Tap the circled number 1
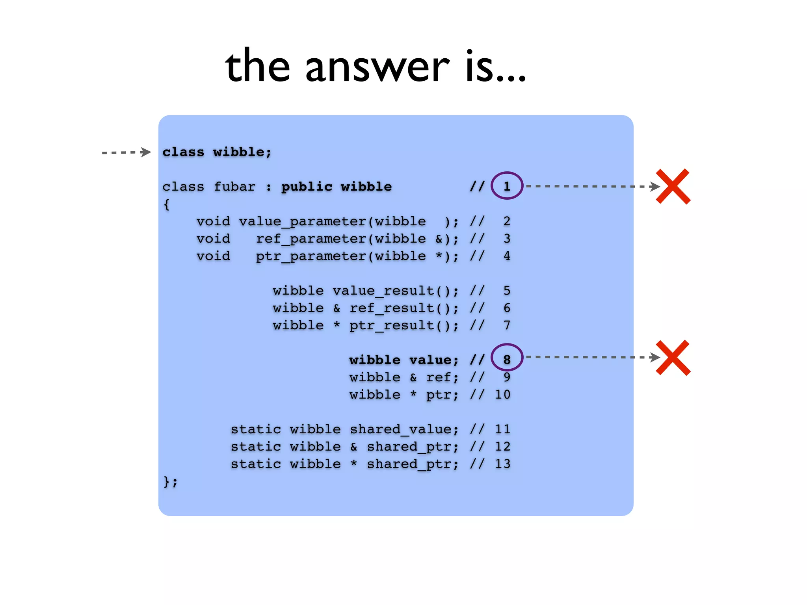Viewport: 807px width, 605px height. tap(507, 186)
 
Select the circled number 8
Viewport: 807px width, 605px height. tap(507, 359)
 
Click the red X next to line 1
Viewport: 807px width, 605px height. tap(673, 186)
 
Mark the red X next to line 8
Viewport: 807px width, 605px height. tap(673, 358)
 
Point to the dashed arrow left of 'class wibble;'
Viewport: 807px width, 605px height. tap(126, 152)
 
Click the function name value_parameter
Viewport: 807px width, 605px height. tap(303, 222)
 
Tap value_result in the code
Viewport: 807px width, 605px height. tap(383, 291)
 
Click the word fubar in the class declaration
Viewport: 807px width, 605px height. tap(234, 187)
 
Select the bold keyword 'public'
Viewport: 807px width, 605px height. tap(307, 187)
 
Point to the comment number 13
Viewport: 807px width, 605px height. tap(502, 464)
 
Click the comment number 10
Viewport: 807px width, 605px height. tap(502, 395)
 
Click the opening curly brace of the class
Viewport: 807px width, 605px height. tap(167, 204)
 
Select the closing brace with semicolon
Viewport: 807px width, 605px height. tap(170, 481)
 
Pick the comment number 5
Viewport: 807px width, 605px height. tap(507, 291)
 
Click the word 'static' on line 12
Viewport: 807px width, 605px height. tap(256, 447)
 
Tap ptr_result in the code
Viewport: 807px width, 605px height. tap(392, 326)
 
